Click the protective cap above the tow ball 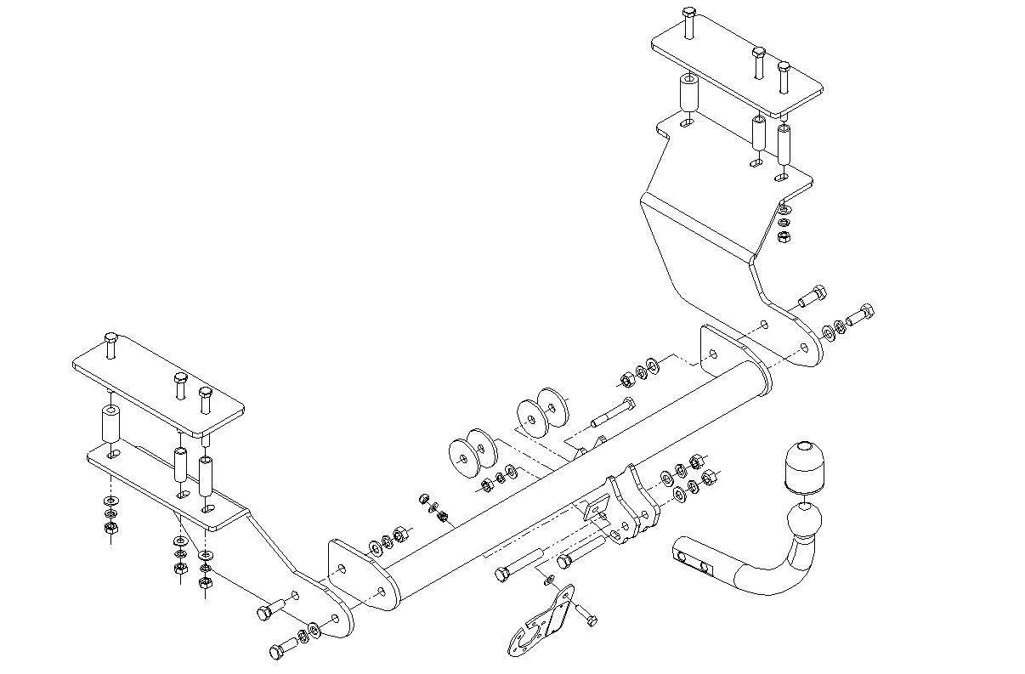[x=803, y=467]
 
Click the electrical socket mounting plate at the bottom [x=543, y=625]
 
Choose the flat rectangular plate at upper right [x=737, y=64]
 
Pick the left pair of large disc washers [x=473, y=456]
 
